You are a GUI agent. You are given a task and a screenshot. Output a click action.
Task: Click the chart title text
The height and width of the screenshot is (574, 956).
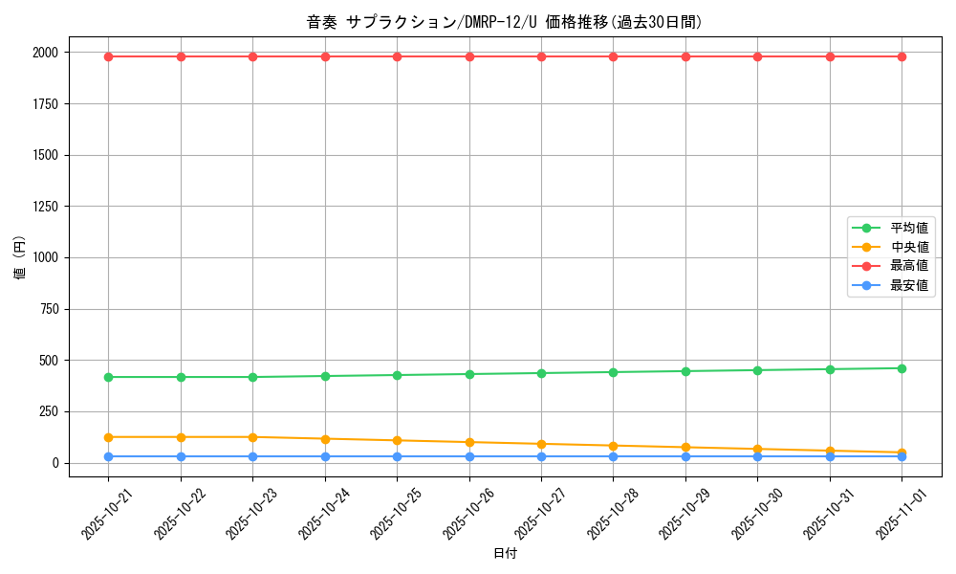coord(505,22)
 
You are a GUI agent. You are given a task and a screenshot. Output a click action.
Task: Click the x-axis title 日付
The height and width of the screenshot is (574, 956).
coord(505,554)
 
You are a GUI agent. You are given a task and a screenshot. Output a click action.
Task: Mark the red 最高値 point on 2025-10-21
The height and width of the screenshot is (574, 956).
coord(108,56)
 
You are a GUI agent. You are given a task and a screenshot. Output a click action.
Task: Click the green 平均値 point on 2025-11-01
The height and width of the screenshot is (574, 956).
coord(902,368)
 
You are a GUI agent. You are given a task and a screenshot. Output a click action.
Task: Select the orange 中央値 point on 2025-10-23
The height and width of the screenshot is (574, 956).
coord(252,437)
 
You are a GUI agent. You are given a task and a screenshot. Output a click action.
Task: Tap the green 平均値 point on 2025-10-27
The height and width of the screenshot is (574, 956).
coord(541,373)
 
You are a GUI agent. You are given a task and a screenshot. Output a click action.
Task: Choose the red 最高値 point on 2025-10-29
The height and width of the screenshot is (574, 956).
coord(685,56)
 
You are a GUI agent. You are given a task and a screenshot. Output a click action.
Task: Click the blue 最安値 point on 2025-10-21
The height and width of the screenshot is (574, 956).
coord(108,456)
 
